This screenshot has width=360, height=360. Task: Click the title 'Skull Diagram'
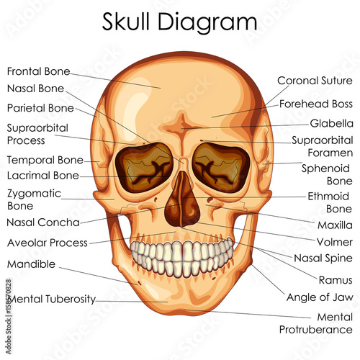[179, 22]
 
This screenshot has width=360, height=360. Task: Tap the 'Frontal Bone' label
[38, 71]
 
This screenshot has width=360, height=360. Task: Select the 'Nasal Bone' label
[35, 89]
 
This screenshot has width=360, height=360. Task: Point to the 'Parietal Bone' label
[40, 108]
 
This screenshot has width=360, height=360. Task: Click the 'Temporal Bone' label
[45, 160]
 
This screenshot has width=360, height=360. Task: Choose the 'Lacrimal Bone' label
[43, 176]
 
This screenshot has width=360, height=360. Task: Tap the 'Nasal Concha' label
[43, 222]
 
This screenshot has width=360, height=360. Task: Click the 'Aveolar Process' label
[48, 243]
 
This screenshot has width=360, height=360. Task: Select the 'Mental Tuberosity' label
[52, 299]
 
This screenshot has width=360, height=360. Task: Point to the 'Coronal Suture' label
[315, 81]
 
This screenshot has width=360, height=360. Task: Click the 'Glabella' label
[331, 124]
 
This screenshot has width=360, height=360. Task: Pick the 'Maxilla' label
[335, 225]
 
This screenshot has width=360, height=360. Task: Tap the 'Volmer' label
[335, 242]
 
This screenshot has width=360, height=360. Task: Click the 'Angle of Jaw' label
[320, 297]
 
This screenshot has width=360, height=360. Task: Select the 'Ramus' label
[336, 280]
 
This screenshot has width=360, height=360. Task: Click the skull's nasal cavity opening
[182, 199]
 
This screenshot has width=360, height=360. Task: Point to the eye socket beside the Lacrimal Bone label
[144, 167]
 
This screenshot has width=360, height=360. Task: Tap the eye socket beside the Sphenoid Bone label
[221, 168]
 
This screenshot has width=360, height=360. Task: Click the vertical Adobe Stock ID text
[9, 317]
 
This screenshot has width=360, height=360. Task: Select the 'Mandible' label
[31, 264]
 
